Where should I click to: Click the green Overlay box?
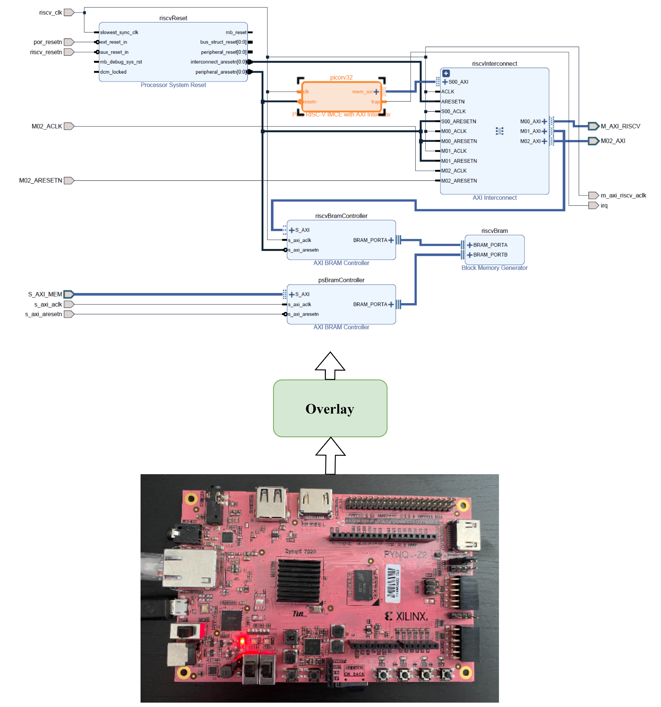(330, 408)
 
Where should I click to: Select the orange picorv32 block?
(341, 96)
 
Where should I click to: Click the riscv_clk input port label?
(50, 12)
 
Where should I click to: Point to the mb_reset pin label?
(236, 32)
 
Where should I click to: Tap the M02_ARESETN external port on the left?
(41, 180)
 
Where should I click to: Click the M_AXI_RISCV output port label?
(620, 126)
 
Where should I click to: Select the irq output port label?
(604, 206)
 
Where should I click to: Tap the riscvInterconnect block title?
(494, 64)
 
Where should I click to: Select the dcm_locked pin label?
(113, 72)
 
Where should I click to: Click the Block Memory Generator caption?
(494, 268)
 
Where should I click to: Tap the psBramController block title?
(341, 280)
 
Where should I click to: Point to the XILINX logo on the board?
(407, 616)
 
